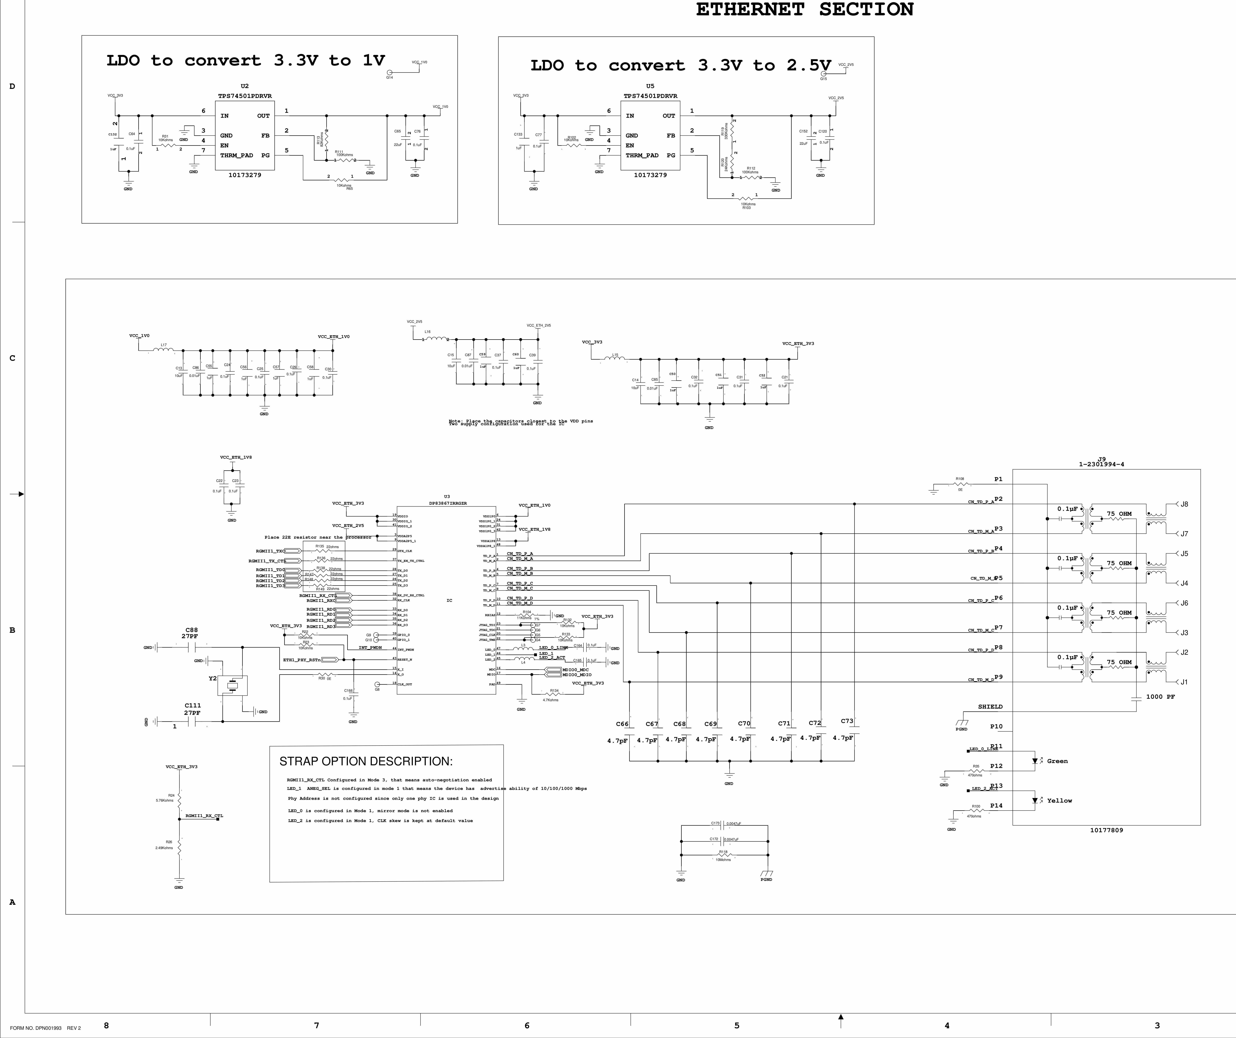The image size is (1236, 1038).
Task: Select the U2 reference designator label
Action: coord(245,86)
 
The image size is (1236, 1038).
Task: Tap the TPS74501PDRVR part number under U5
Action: coord(650,96)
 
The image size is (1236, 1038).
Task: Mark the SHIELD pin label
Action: coord(990,707)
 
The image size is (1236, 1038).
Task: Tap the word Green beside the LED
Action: coord(1057,761)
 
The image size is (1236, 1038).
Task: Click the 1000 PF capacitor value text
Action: coord(1160,697)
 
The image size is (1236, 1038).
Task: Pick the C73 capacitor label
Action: coord(847,721)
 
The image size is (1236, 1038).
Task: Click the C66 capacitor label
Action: coord(622,724)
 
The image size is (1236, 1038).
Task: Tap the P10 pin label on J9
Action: coord(996,726)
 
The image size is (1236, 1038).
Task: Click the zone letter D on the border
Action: coord(12,87)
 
